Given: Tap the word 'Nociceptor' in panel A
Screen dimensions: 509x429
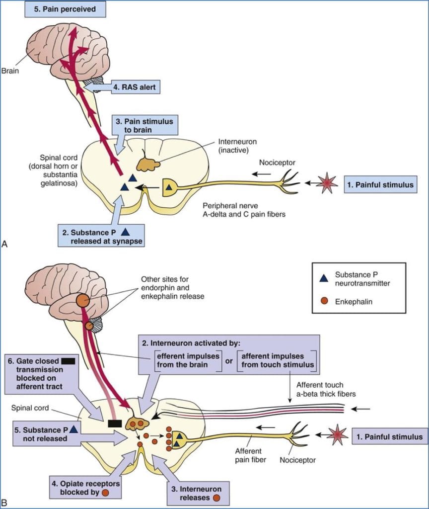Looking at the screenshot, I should coord(278,163).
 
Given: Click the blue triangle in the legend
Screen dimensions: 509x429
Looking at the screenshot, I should coord(324,278).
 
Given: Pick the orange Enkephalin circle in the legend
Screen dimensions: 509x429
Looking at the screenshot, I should coord(324,301).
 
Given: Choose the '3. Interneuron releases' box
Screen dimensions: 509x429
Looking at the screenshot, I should coord(195,493).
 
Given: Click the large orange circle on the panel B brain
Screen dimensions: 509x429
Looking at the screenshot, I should coord(82,301).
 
